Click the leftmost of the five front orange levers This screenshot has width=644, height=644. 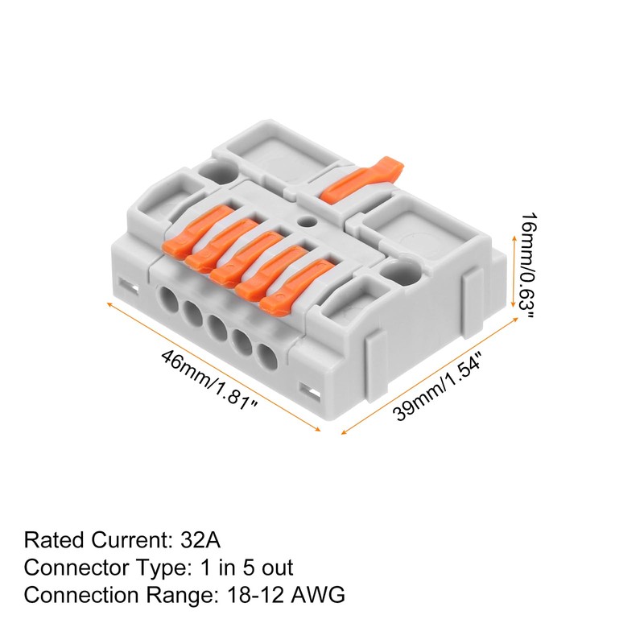(x=187, y=234)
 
